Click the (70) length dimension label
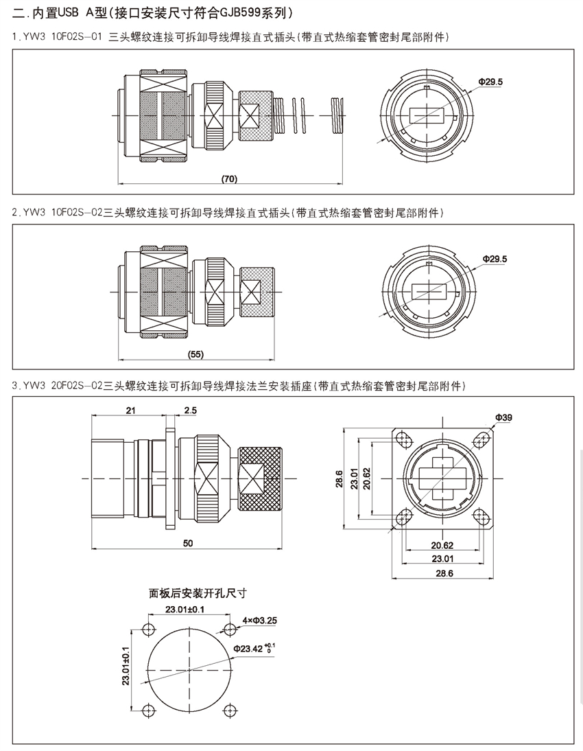[x=229, y=178]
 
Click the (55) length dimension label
[x=196, y=354]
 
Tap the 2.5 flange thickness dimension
[x=190, y=410]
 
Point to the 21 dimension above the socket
[x=131, y=410]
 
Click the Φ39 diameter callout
[x=502, y=417]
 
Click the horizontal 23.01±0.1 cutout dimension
[x=185, y=610]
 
